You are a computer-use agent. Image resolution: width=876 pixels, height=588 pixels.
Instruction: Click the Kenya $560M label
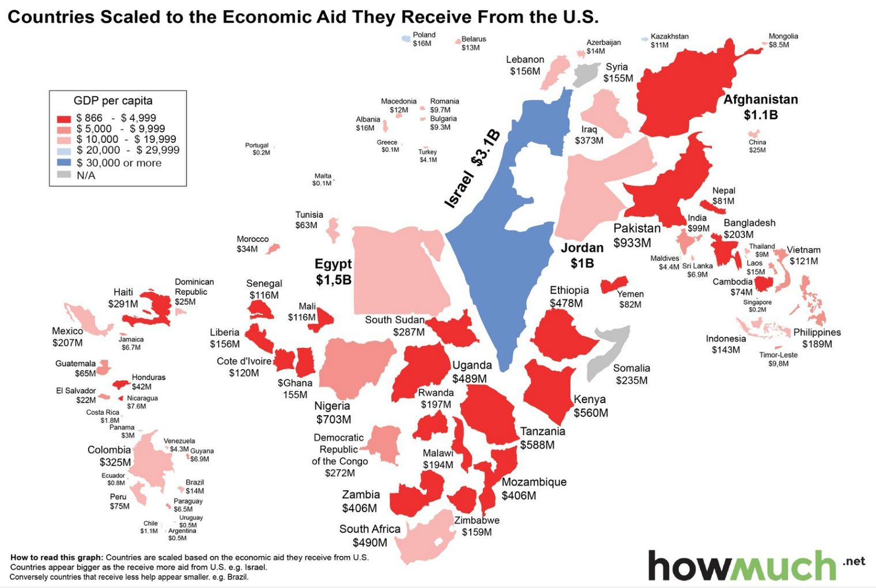tap(590, 406)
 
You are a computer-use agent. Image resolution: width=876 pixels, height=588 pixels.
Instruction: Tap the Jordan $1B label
tap(582, 255)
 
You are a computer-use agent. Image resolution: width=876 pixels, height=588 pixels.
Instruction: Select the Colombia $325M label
tap(109, 456)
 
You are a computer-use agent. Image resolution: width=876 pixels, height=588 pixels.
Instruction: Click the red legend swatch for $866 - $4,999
tap(64, 119)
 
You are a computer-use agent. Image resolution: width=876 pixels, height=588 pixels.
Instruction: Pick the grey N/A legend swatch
tap(64, 175)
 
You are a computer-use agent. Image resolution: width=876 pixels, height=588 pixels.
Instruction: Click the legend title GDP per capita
tap(113, 101)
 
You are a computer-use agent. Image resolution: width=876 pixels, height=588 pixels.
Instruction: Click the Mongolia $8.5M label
tap(783, 40)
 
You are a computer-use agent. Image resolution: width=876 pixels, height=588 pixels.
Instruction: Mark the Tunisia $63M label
tap(309, 219)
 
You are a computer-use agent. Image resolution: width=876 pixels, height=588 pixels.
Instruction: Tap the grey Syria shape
tap(587, 74)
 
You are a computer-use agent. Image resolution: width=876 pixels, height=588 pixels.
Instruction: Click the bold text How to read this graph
tap(56, 557)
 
